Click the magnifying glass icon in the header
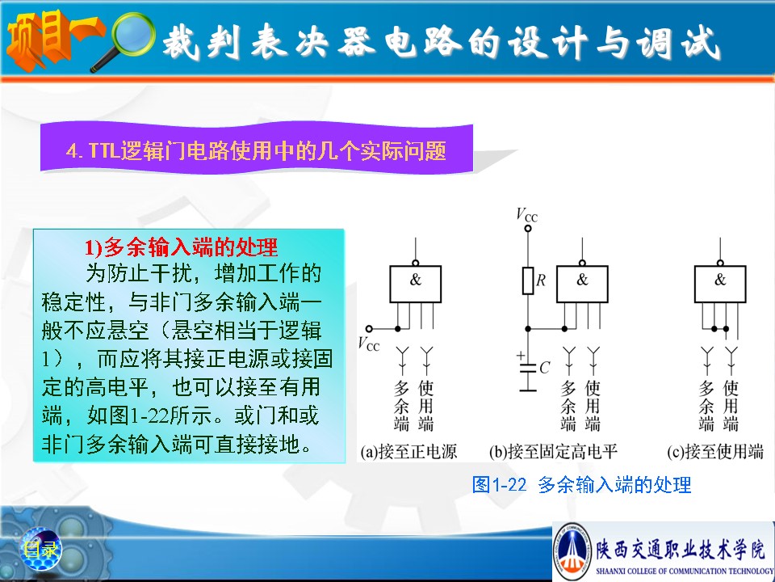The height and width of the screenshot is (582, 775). pyautogui.click(x=129, y=39)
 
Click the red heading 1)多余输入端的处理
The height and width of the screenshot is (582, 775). pyautogui.click(x=181, y=247)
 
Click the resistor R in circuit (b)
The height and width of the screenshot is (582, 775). pyautogui.click(x=528, y=280)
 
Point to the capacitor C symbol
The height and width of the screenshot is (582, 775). pyautogui.click(x=528, y=369)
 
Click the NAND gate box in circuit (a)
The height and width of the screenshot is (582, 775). pyautogui.click(x=415, y=284)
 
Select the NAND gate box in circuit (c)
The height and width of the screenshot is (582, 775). pyautogui.click(x=720, y=284)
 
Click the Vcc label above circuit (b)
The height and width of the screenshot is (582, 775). pyautogui.click(x=527, y=215)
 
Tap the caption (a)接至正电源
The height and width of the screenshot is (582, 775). pyautogui.click(x=408, y=452)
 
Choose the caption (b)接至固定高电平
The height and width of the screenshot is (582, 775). pyautogui.click(x=554, y=452)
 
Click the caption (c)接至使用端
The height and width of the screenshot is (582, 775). pyautogui.click(x=715, y=452)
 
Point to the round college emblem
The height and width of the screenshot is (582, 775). pyautogui.click(x=572, y=550)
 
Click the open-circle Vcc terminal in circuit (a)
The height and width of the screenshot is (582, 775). pyautogui.click(x=369, y=329)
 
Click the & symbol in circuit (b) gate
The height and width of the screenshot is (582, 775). pyautogui.click(x=582, y=280)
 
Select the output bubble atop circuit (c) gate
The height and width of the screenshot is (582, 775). pyautogui.click(x=720, y=263)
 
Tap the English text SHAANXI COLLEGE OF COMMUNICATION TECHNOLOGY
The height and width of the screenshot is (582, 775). pyautogui.click(x=685, y=571)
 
